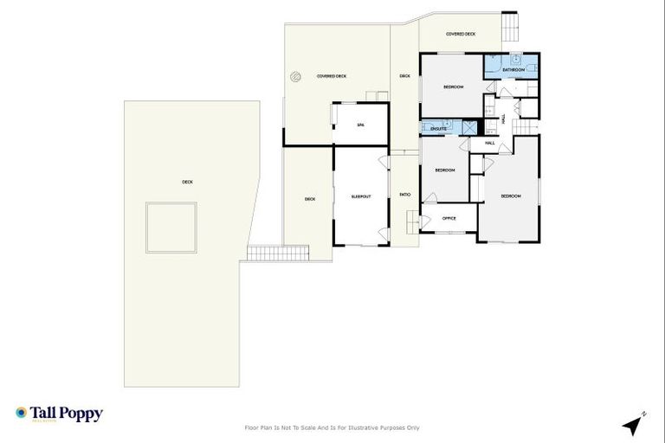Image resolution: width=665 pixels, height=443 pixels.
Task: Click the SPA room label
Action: pos(361,125)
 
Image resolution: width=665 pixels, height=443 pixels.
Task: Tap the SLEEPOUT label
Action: pos(361,196)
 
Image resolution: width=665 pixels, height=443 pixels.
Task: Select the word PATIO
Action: pos(404,194)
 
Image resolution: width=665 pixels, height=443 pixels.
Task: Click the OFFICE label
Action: pos(449,218)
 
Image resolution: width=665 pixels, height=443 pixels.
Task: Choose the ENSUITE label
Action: pos(438,129)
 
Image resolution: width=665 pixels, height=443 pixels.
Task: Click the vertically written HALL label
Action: pos(503,118)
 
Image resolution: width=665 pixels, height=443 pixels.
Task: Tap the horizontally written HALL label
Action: pos(489,143)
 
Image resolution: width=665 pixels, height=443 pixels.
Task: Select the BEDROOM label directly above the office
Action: pos(445,170)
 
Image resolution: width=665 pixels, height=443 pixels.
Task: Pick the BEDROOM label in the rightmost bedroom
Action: pos(511,196)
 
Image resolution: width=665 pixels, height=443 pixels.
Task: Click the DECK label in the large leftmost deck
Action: pos(187,182)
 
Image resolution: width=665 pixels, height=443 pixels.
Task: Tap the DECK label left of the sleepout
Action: pos(310,199)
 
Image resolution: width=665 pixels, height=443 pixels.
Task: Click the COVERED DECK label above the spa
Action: pos(332,76)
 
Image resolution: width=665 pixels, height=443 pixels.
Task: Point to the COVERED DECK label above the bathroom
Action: pos(461,34)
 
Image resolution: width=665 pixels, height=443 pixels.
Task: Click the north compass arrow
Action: pos(635,425)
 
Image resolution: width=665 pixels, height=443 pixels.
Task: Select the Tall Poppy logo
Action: pos(59,414)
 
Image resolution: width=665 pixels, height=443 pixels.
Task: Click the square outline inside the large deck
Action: pos(170,227)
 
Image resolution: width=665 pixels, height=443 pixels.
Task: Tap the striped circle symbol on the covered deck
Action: pos(295,76)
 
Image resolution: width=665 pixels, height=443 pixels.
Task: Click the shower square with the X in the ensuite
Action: pos(468,128)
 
